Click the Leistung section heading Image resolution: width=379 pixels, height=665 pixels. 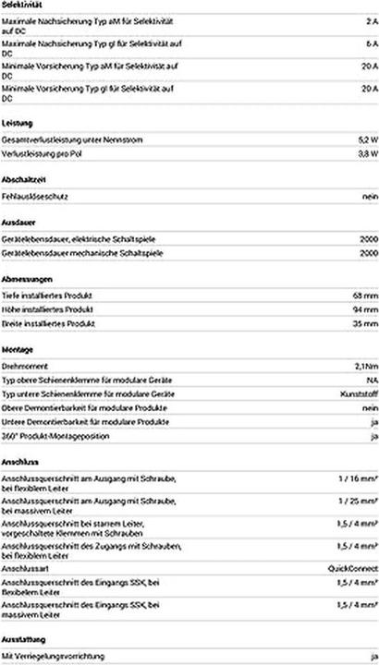pos(17,122)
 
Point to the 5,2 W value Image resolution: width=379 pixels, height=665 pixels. pos(366,139)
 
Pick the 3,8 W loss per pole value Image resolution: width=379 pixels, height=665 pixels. pos(366,154)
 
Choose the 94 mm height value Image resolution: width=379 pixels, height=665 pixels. pos(364,309)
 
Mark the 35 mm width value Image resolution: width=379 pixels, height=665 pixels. pos(364,324)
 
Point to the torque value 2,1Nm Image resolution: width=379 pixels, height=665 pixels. pos(365,368)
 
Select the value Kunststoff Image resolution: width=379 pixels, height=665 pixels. pos(360,394)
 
